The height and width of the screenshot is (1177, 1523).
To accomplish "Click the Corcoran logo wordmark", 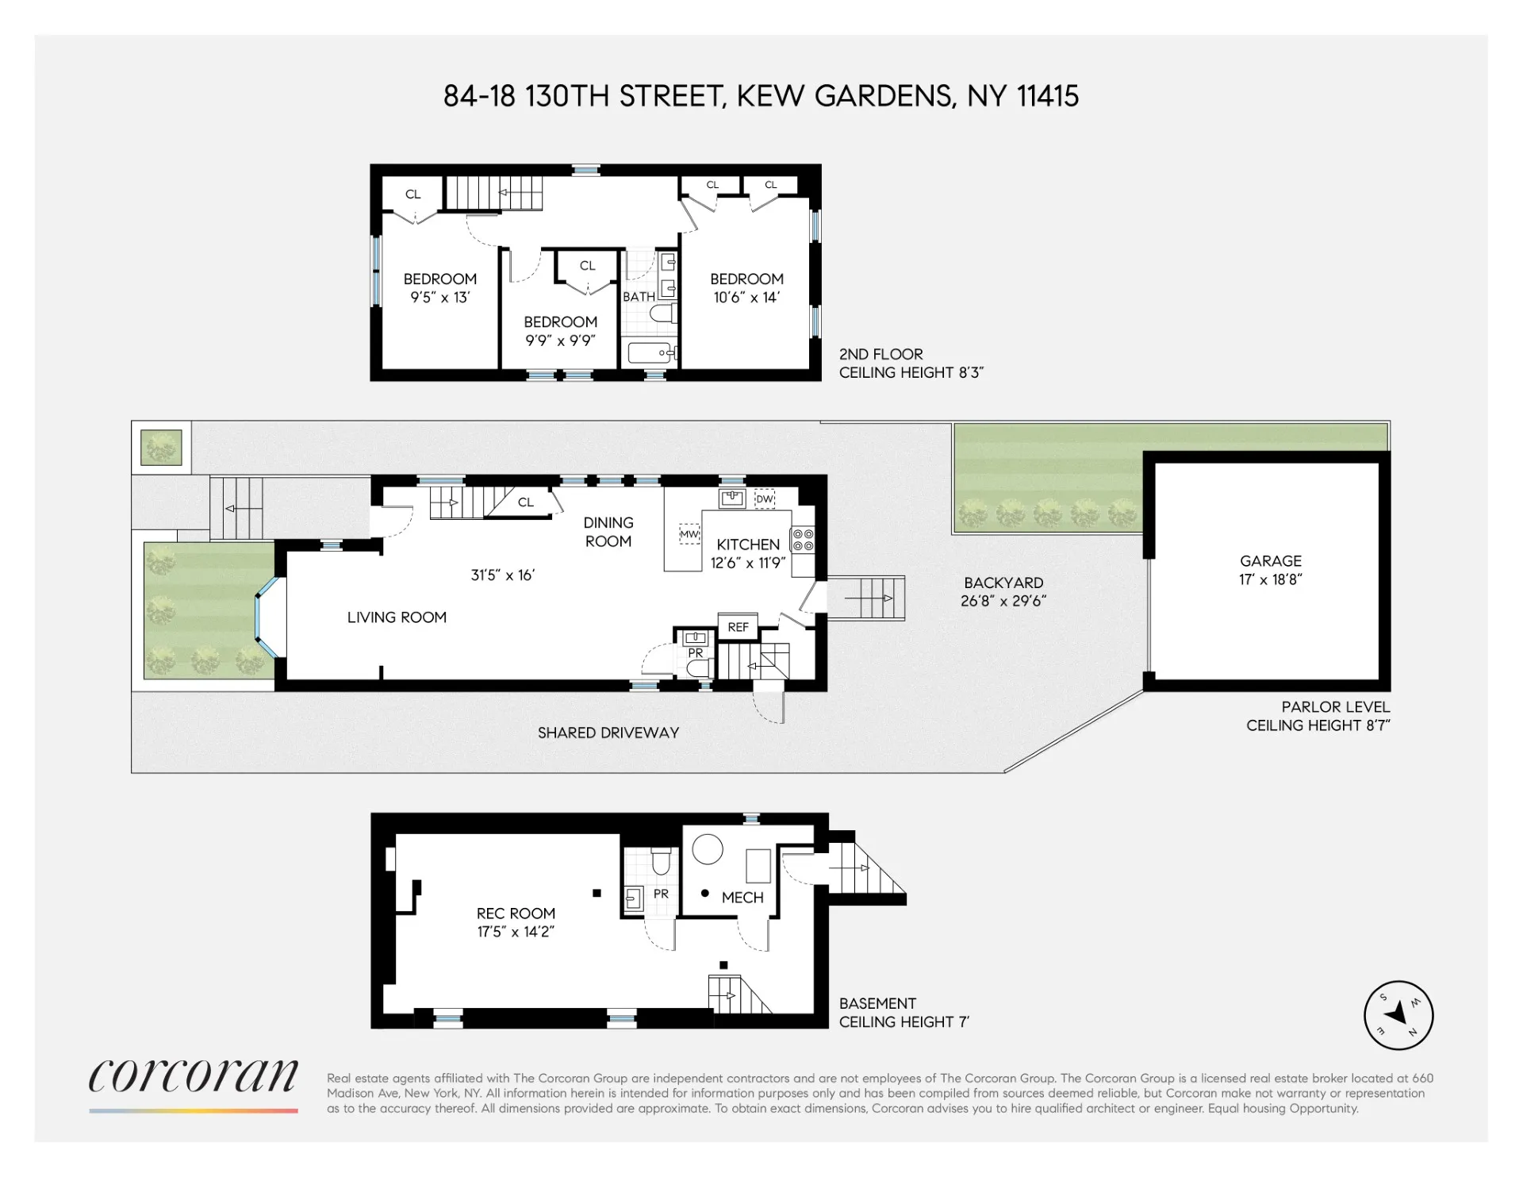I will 193,1077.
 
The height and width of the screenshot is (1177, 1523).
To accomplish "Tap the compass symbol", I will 1398,1015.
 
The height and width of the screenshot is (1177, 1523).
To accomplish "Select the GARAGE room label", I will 1270,560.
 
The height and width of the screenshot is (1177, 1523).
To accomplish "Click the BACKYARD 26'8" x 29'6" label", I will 1003,592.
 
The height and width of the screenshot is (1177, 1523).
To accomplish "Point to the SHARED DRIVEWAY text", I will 608,733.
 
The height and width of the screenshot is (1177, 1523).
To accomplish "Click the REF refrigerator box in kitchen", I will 738,627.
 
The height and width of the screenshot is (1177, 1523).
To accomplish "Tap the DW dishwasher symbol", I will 764,498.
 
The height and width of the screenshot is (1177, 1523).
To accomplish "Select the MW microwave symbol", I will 689,534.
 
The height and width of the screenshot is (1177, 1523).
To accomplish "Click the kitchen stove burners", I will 803,540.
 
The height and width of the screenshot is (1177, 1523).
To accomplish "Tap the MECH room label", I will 742,898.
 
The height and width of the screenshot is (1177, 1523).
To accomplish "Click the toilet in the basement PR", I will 660,860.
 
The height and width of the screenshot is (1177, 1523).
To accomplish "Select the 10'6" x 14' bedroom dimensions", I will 746,298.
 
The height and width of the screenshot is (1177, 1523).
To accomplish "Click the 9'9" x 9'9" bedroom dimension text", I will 560,340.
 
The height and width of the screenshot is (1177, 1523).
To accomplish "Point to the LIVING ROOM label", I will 397,617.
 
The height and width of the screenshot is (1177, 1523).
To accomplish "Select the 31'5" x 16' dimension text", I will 503,575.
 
